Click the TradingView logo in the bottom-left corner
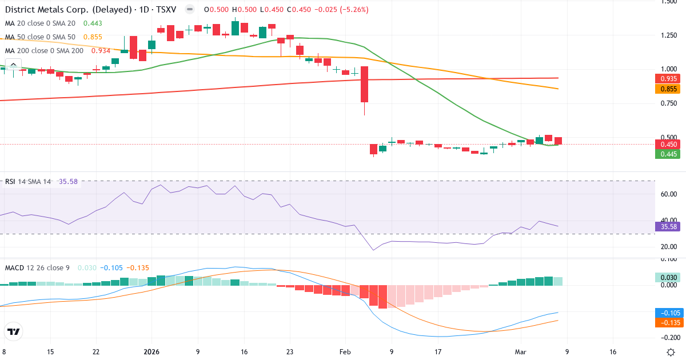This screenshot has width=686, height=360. point(14,331)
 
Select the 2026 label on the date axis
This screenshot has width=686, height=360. point(151,352)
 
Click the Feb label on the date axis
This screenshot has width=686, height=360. point(345,352)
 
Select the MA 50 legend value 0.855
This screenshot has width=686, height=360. point(93,37)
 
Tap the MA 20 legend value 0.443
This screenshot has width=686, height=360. point(93,23)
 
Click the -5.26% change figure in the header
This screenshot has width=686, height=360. point(355,10)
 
